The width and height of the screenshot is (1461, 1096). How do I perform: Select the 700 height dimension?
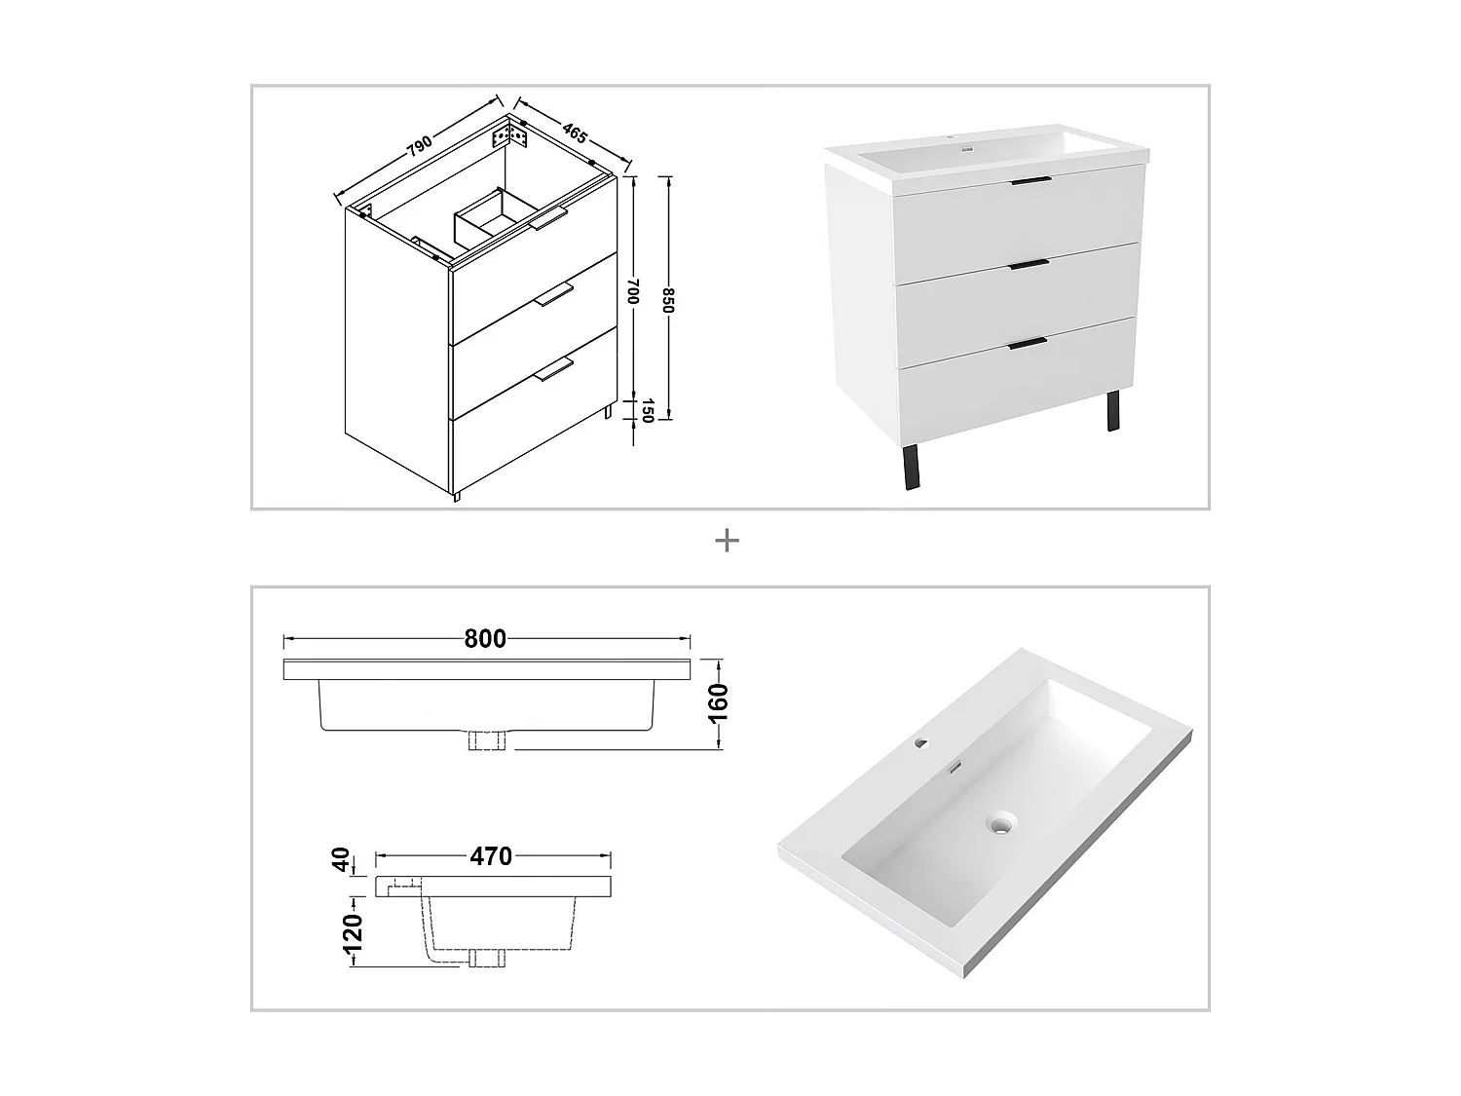[633, 291]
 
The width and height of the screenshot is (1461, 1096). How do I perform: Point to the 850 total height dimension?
[668, 299]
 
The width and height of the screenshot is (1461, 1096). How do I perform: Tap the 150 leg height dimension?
[643, 411]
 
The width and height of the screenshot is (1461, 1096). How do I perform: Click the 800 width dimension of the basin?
[485, 639]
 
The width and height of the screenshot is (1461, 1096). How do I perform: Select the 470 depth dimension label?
[491, 856]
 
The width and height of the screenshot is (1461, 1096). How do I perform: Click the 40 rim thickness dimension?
[341, 860]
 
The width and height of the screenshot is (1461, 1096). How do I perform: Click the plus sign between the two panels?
[727, 541]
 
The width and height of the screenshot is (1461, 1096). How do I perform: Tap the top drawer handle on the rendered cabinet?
[1030, 181]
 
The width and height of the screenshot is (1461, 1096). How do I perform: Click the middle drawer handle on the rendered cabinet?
[1029, 263]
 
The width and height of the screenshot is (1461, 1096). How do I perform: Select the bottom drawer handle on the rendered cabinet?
[1028, 342]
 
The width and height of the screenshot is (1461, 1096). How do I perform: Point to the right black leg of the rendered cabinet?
[1112, 410]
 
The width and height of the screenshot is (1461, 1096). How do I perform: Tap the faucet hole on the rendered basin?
[920, 746]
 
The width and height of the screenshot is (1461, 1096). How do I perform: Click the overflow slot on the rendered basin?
[956, 768]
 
